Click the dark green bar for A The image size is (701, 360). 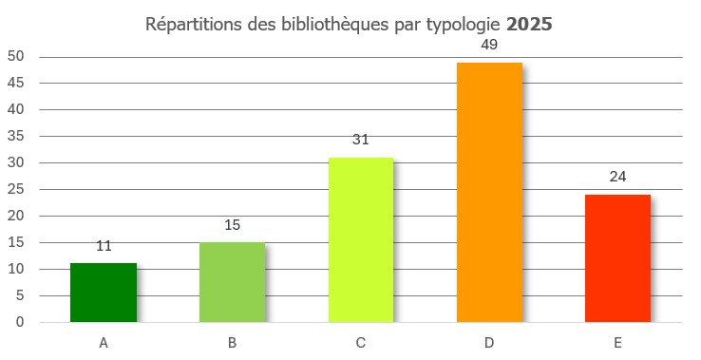point(104,293)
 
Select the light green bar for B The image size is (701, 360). point(232,282)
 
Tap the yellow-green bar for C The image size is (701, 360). point(361,240)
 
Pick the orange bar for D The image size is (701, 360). point(489,193)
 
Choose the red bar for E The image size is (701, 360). point(617,258)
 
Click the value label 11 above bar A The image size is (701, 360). point(104,246)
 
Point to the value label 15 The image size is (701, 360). point(232,225)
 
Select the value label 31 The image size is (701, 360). point(361,140)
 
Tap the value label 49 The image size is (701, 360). point(489,45)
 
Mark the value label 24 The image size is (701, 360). point(617,177)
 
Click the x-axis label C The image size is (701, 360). point(361,342)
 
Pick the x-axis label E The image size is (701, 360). point(617,342)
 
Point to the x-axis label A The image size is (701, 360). point(104,342)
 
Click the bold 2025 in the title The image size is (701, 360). point(529,24)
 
